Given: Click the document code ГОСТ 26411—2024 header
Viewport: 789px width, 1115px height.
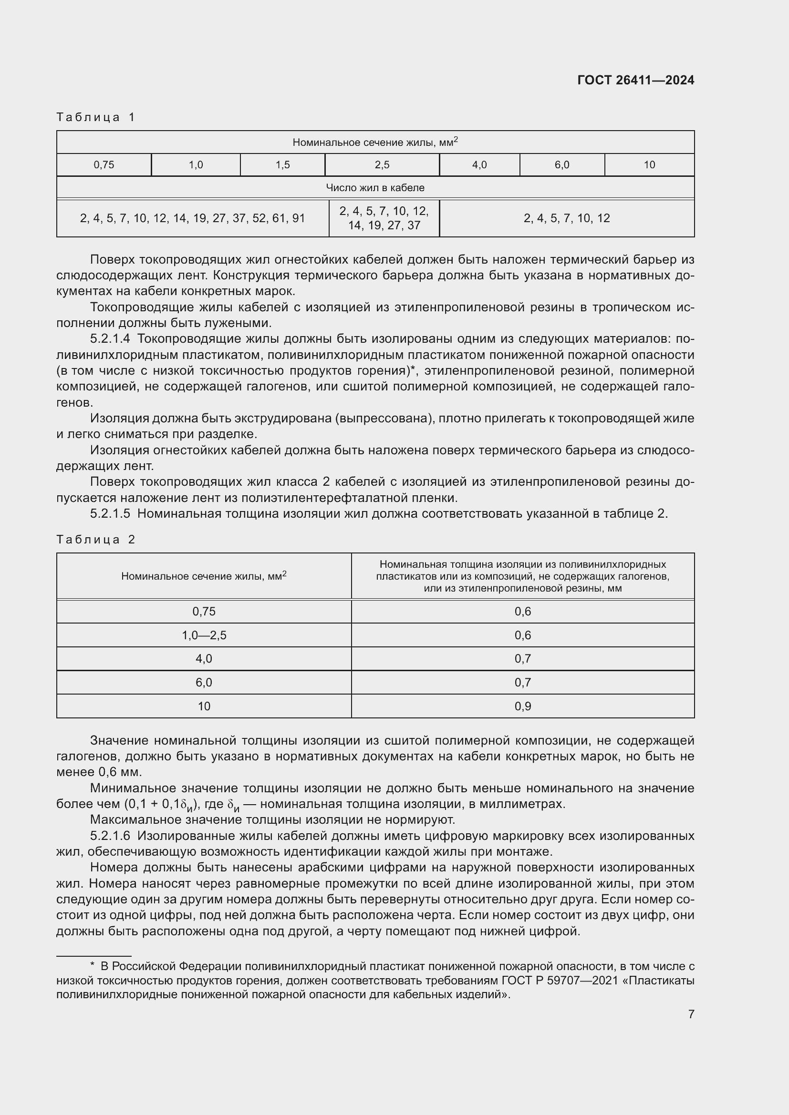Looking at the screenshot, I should point(635,80).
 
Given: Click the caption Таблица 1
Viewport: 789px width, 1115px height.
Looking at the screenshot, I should point(96,117).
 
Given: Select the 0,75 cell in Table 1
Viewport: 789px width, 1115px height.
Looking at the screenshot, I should point(104,165).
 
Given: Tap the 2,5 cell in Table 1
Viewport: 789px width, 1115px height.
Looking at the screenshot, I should point(382,165).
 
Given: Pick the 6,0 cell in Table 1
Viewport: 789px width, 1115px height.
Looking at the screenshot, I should point(561,165).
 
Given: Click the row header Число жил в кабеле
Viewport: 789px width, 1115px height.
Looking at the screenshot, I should point(375,188).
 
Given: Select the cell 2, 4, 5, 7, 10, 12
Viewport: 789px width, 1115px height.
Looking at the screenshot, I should point(567,218).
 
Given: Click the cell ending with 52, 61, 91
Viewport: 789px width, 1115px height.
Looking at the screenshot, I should point(192,218).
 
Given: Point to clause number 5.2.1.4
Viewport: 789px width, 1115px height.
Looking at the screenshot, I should point(110,339).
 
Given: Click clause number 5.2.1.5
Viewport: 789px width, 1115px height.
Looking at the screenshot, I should point(110,514).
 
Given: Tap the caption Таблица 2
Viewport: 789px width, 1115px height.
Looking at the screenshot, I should point(96,540).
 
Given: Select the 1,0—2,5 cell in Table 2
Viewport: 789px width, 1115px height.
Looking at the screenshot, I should point(204,635).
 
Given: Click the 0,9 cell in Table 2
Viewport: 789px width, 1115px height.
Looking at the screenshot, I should point(523,706).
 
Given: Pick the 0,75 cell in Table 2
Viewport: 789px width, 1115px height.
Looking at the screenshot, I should point(204,612).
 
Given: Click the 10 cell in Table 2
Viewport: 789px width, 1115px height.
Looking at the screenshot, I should point(204,706).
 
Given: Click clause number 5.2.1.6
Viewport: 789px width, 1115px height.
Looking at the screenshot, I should point(110,836).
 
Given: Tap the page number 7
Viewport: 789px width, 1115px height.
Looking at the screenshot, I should point(691,1014).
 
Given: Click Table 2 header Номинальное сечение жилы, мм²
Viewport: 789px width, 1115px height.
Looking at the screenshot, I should point(204,576).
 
